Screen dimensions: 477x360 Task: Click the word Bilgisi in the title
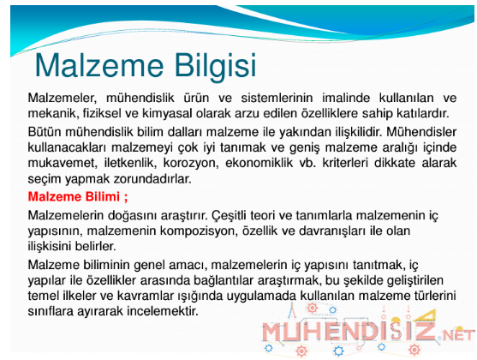click(x=216, y=66)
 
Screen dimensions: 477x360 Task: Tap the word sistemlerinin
click(x=277, y=98)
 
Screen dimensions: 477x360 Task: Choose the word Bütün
click(x=45, y=132)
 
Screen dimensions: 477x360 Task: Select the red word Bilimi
click(x=103, y=197)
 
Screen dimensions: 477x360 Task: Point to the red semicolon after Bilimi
click(x=126, y=198)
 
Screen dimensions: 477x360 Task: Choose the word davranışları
click(x=332, y=231)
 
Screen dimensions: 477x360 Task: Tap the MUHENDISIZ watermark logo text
click(x=349, y=332)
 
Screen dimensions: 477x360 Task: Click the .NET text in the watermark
click(x=456, y=336)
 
